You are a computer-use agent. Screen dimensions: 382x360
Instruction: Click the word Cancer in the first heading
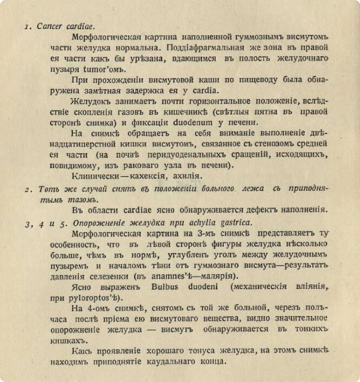[x=50, y=27]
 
